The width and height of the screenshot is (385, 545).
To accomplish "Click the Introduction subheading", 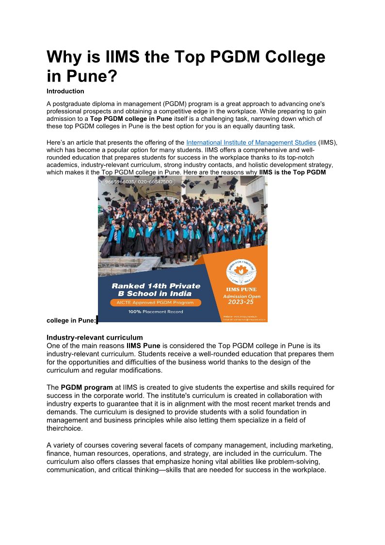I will [x=65, y=91].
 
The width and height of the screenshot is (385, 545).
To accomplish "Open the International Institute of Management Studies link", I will [x=251, y=143].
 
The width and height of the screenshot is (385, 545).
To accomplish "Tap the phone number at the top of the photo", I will [x=138, y=182].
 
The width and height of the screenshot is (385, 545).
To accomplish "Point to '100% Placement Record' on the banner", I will [x=156, y=312].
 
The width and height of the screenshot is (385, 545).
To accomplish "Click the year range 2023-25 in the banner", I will [x=241, y=302].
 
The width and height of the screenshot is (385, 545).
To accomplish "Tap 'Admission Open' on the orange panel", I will [x=241, y=296].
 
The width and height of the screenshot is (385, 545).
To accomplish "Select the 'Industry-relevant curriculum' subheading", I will [x=95, y=337].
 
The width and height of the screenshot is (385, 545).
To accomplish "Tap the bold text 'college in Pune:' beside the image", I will [x=71, y=320].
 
